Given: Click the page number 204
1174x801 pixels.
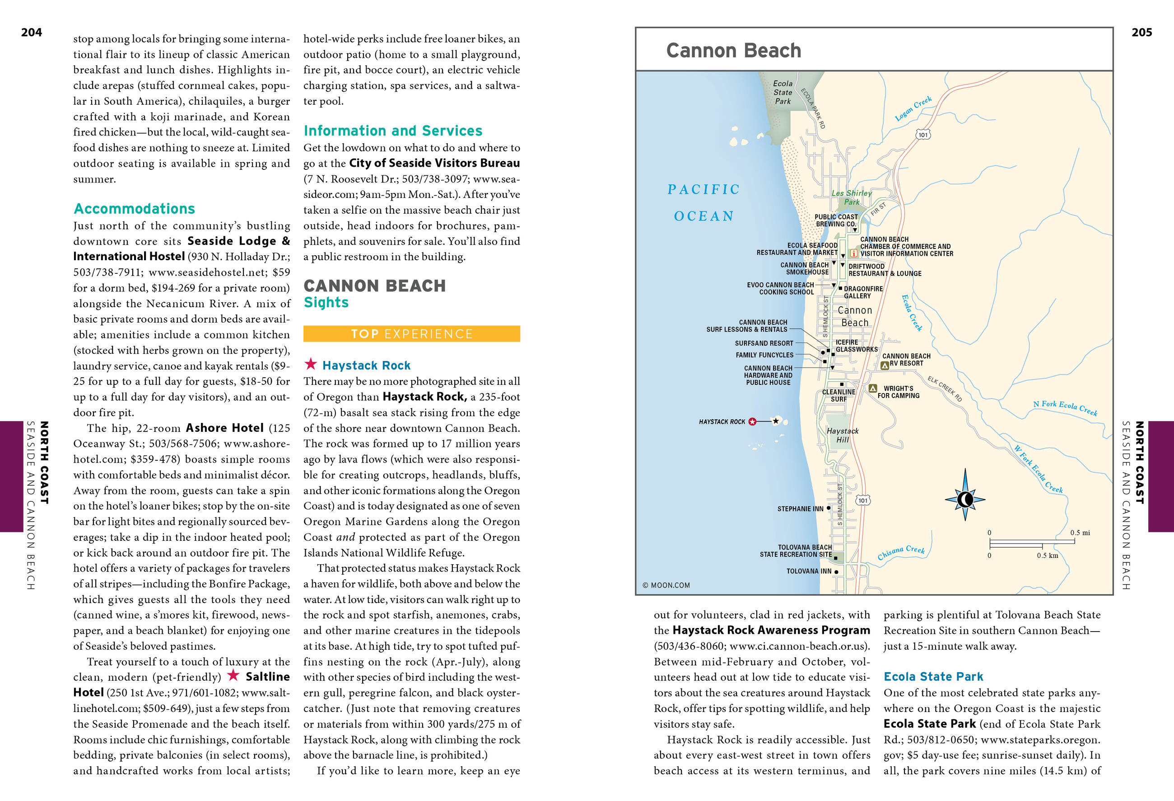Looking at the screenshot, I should click(31, 33).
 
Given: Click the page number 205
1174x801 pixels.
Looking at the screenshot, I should click(1141, 33).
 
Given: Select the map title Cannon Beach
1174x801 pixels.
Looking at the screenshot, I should click(733, 51).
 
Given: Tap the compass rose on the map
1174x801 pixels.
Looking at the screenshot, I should click(965, 499).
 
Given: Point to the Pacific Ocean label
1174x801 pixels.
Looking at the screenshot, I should click(703, 202).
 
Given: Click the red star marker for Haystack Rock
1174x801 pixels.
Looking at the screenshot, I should click(752, 422).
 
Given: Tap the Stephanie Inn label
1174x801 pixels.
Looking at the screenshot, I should click(800, 509).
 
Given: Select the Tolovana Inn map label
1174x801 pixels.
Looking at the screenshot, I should click(808, 571).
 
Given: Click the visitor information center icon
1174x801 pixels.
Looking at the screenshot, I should click(854, 253).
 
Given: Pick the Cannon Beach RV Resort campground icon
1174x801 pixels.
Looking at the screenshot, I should click(885, 365).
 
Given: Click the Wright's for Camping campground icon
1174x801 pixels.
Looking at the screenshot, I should click(872, 389).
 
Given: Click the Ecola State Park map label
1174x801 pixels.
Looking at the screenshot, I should click(783, 92).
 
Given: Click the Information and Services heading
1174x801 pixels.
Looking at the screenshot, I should click(392, 131).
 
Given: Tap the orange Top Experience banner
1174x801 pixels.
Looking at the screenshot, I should click(411, 334).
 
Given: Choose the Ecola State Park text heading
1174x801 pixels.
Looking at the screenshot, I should click(933, 677).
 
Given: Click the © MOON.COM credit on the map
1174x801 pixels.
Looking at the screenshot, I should click(666, 585).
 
